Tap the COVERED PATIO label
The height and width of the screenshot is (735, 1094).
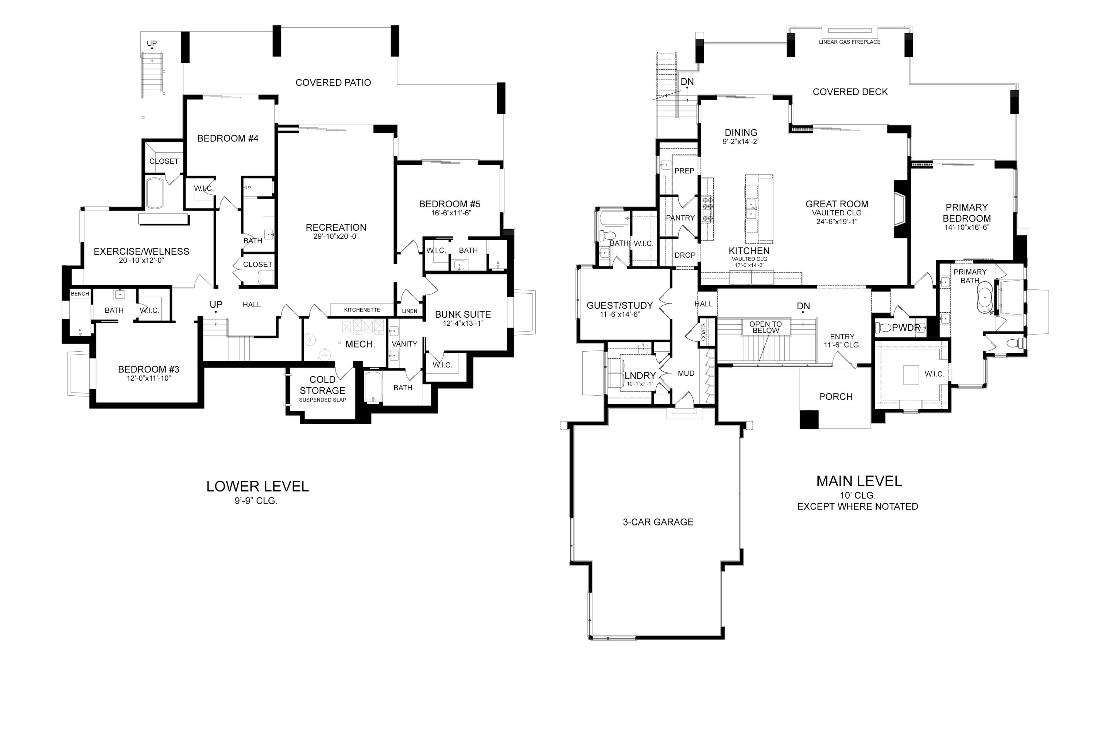pyautogui.click(x=333, y=82)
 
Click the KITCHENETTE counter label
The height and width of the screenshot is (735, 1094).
pyautogui.click(x=362, y=310)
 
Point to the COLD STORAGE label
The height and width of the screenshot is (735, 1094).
pyautogui.click(x=322, y=385)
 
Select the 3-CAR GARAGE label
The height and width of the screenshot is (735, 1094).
pyautogui.click(x=658, y=522)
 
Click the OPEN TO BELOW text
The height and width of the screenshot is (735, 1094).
pyautogui.click(x=765, y=327)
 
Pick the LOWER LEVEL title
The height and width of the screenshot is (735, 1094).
pyautogui.click(x=257, y=486)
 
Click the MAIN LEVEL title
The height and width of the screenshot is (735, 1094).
pyautogui.click(x=859, y=481)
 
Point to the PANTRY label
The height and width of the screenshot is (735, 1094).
pyautogui.click(x=680, y=218)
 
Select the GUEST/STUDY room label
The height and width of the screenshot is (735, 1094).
pyautogui.click(x=620, y=306)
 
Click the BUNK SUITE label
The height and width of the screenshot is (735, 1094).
pyautogui.click(x=462, y=314)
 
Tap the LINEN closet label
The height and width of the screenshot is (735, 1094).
pyautogui.click(x=410, y=311)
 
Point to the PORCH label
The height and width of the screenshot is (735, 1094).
pyautogui.click(x=835, y=396)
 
